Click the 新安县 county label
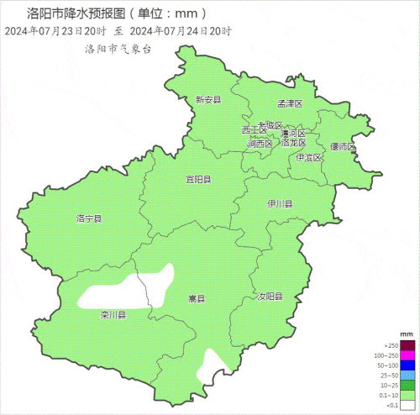coord(207,100)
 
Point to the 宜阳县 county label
coord(198,180)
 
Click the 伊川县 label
coord(280,204)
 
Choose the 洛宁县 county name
coord(88,219)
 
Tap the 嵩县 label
coord(197,298)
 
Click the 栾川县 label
coord(113,315)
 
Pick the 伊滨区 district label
coord(308,158)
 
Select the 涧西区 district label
coord(260,144)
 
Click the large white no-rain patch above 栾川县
coord(126,289)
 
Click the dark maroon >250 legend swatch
coord(407,345)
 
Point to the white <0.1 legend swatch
coord(407,406)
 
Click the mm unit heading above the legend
coord(407,334)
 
